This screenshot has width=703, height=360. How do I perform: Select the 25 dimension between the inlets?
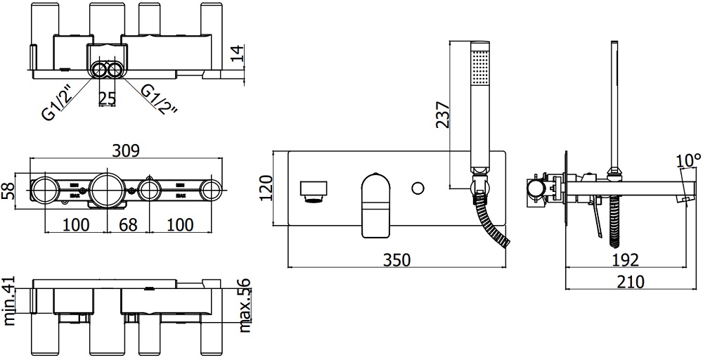[x=107, y=99]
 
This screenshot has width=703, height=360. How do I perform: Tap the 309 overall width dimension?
[x=127, y=150]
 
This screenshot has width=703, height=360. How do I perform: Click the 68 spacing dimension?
[x=127, y=225]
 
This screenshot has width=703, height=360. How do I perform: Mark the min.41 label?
[x=10, y=300]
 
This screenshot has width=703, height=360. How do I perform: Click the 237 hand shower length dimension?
[x=441, y=111]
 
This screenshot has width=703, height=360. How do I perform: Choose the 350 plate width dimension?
[x=397, y=259]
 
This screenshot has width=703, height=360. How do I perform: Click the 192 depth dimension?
[x=626, y=260]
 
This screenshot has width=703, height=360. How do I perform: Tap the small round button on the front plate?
[x=418, y=188]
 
